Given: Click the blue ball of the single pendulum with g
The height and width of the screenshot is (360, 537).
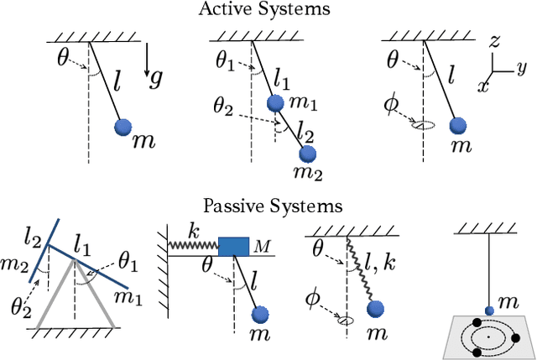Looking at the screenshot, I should click(123, 127).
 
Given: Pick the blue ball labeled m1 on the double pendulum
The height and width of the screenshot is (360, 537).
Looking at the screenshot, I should click(274, 103).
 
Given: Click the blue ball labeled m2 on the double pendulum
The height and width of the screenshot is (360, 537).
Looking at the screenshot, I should click(308, 154).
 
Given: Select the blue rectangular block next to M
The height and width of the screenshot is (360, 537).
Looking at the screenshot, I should click(234, 245).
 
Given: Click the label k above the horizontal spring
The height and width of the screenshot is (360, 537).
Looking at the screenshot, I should click(193, 228).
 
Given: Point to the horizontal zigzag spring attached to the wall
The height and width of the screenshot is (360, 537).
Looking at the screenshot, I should click(194, 245).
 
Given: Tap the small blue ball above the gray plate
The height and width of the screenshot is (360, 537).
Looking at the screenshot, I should click(489, 309).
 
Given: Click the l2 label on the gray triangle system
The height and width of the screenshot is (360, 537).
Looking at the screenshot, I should click(32, 241).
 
